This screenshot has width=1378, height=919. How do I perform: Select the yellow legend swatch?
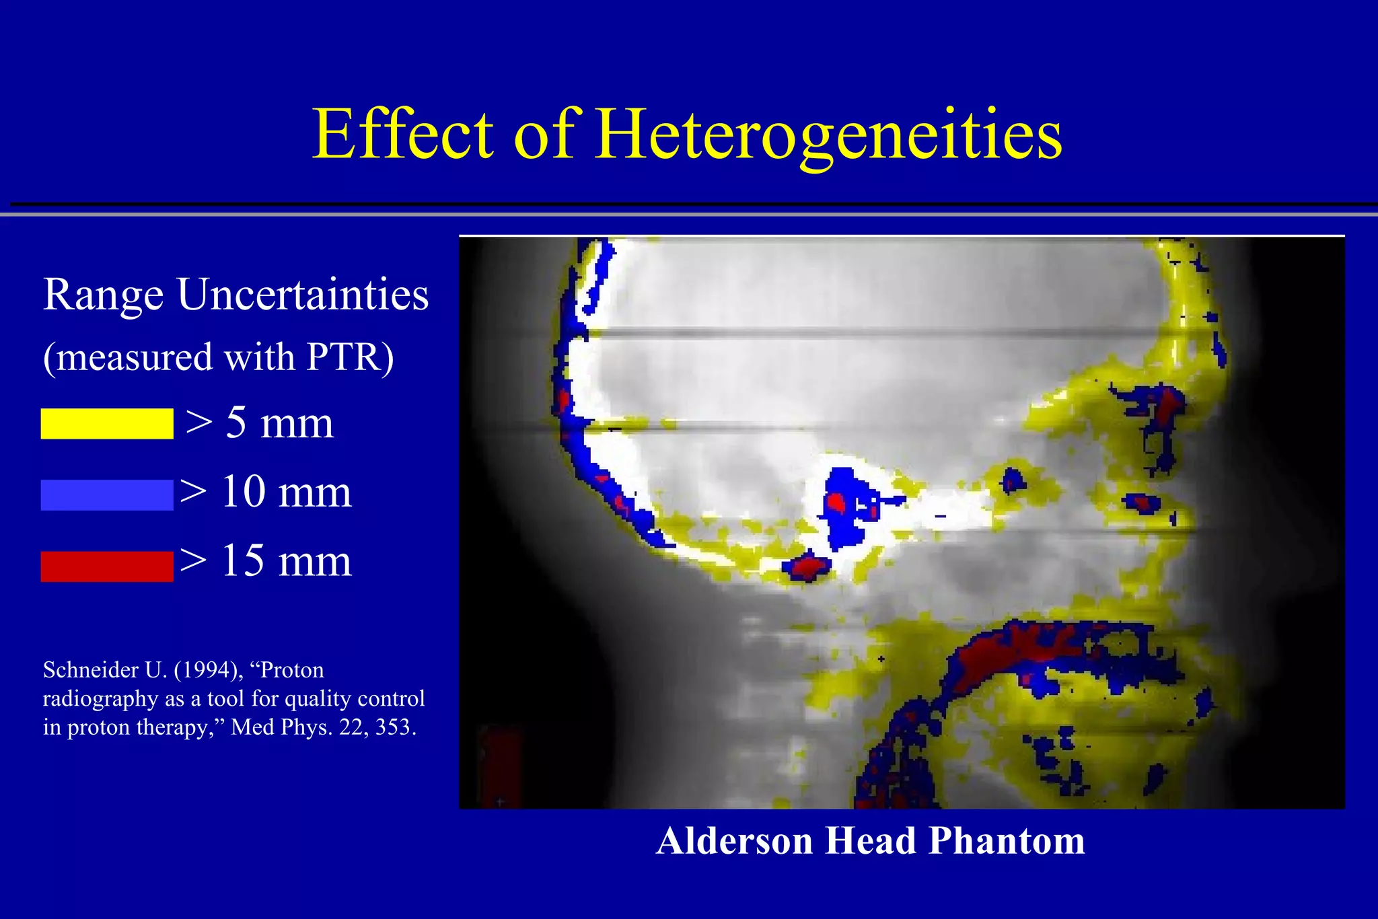click(x=107, y=424)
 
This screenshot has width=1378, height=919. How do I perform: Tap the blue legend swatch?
click(x=107, y=495)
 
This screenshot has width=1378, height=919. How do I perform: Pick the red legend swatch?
click(x=107, y=566)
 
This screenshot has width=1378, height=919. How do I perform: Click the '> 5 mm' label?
click(x=259, y=423)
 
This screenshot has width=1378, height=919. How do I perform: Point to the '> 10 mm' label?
click(x=266, y=492)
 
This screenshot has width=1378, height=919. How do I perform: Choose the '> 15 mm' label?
click(x=266, y=561)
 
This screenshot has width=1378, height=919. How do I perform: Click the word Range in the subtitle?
click(x=103, y=296)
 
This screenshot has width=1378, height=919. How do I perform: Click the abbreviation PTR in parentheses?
click(x=343, y=357)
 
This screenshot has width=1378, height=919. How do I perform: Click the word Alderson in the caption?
click(x=734, y=841)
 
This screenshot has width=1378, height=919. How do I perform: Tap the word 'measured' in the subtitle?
click(x=137, y=357)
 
